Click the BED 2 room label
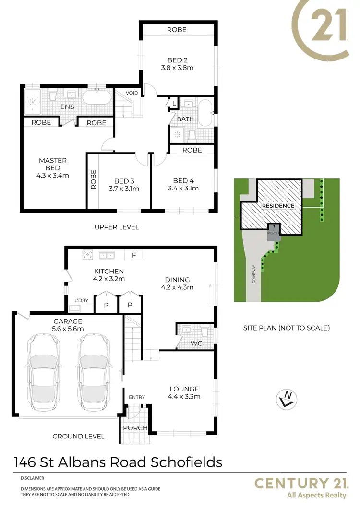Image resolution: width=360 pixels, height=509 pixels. [177, 60]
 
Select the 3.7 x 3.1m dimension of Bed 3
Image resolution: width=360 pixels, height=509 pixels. [124, 189]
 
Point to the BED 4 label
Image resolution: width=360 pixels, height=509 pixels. [183, 181]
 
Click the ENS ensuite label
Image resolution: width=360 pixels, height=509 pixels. [67, 107]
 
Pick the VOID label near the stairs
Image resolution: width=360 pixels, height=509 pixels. [132, 93]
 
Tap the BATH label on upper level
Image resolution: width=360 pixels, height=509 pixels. [185, 119]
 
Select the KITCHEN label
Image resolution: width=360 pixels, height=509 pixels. [109, 271]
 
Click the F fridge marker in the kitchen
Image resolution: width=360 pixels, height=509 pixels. [134, 254]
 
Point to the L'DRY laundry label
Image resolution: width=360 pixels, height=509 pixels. [81, 300]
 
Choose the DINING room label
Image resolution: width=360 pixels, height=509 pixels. [177, 280]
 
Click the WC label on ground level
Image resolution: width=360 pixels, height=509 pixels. [197, 344]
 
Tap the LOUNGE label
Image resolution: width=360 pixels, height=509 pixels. [184, 389]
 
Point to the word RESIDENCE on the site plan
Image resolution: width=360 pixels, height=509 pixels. [278, 205]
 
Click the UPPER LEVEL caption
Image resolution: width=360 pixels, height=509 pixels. [117, 227]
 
